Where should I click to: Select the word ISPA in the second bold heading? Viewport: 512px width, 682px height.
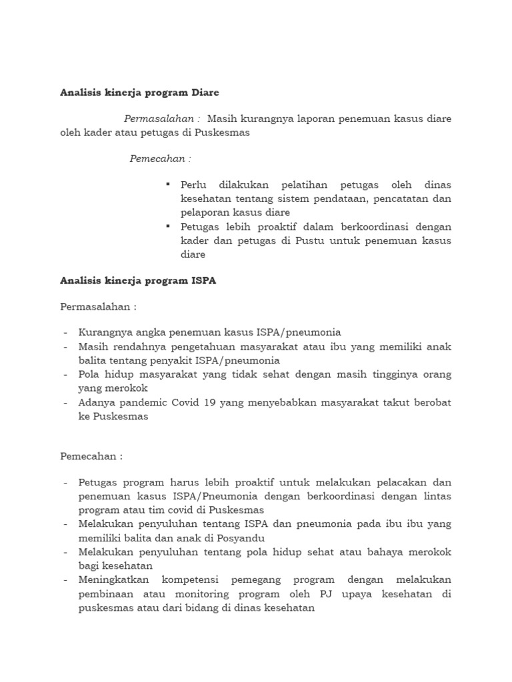203,281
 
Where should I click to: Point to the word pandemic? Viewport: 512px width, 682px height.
141,402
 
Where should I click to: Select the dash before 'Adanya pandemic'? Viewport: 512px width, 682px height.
65,402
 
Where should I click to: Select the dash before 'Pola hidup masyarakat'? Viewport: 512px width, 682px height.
65,374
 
